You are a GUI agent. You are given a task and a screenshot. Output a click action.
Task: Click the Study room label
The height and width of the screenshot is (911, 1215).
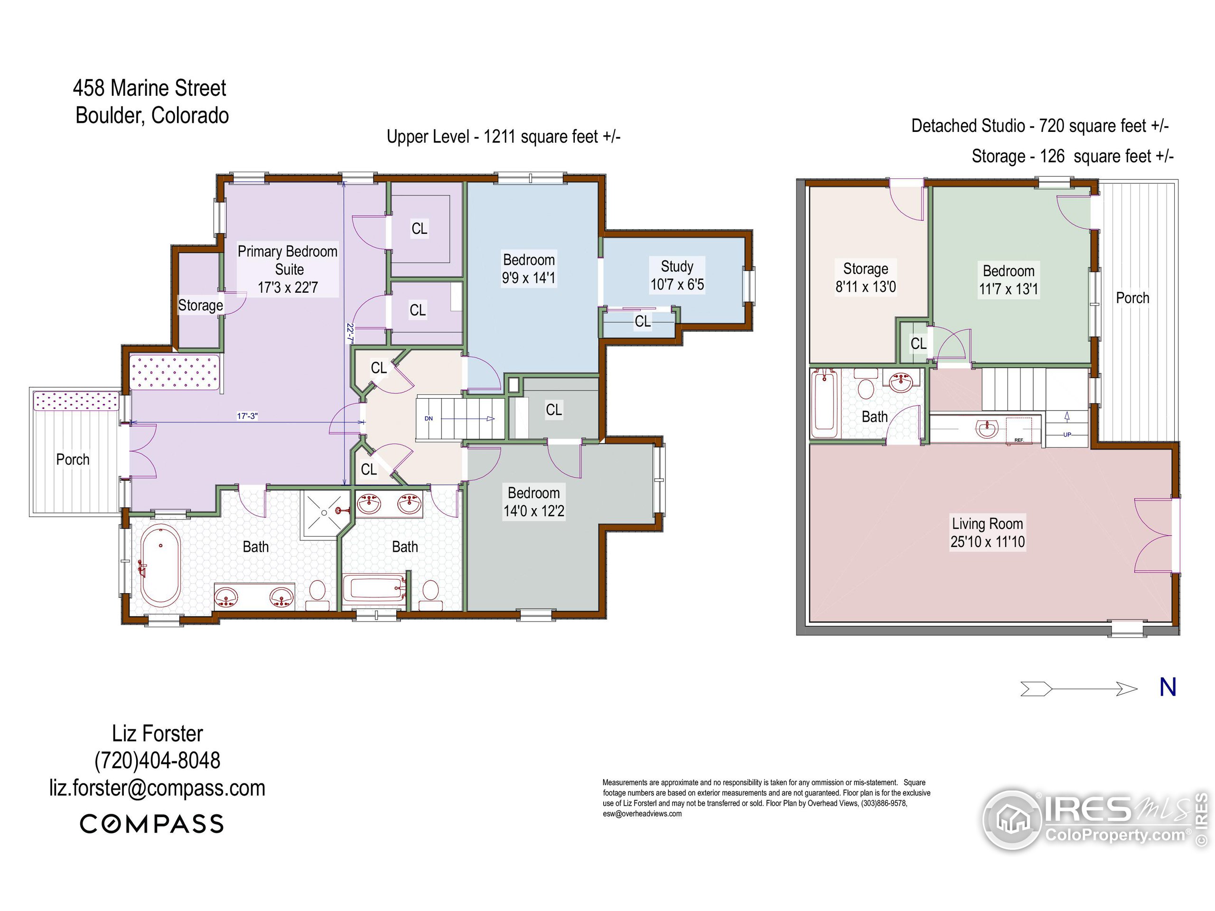point(677,275)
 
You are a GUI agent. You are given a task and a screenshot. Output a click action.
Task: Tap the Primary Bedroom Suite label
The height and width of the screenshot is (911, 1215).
point(288,269)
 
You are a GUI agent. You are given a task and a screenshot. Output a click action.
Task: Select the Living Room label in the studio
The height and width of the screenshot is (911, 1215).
point(988,532)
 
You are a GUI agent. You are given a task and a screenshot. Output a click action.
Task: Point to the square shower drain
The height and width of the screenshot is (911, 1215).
point(324,513)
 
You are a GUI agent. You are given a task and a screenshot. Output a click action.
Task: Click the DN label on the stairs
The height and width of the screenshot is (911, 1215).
point(429,418)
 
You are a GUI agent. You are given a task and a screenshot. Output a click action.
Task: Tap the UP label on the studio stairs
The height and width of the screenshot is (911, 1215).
point(1067,434)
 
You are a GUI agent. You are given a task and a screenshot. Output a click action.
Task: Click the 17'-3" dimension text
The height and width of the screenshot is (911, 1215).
point(247,416)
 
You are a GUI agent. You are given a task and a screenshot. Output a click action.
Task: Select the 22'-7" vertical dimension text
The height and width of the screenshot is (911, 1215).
point(349,333)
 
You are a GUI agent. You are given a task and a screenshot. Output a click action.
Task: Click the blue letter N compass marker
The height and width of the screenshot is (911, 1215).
point(1168,687)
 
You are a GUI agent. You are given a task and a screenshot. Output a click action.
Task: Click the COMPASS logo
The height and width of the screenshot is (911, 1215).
point(152,824)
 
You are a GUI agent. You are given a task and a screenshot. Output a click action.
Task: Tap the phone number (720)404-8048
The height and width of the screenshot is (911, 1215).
point(157,761)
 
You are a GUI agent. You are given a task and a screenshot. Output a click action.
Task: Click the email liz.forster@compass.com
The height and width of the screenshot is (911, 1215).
point(157,788)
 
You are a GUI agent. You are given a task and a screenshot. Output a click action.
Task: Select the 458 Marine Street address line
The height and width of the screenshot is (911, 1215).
point(150,88)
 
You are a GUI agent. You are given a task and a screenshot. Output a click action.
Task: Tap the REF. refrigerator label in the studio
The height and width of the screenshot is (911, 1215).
point(1019,440)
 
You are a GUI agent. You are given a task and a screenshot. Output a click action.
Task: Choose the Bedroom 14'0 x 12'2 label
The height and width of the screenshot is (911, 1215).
point(533,502)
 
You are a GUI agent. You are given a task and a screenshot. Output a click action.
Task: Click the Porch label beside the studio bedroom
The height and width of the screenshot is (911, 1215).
point(1132,297)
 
